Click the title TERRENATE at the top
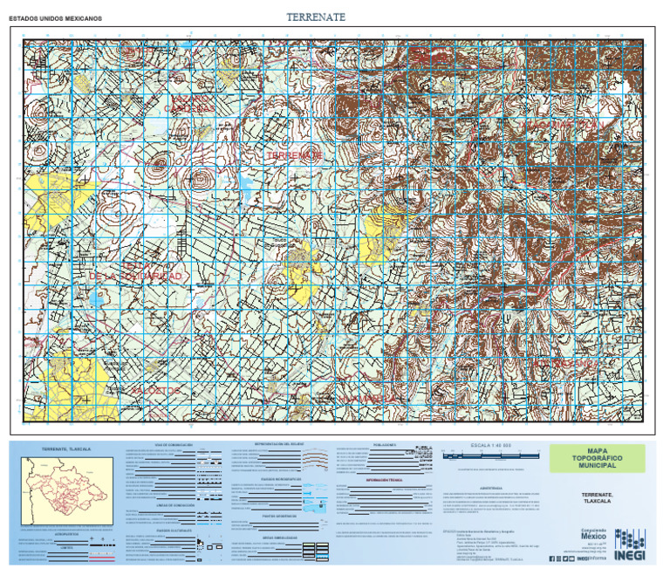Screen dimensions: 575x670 point(316,17)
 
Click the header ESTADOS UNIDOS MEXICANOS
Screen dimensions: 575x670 point(55,18)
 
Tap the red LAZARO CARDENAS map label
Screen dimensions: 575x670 point(191,104)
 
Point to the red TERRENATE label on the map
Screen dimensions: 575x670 point(295,154)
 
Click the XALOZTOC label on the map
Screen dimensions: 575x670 point(157,389)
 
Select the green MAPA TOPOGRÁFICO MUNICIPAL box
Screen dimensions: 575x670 point(597,458)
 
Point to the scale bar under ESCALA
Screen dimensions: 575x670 point(484,455)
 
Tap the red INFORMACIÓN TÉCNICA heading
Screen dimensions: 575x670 point(384,481)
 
